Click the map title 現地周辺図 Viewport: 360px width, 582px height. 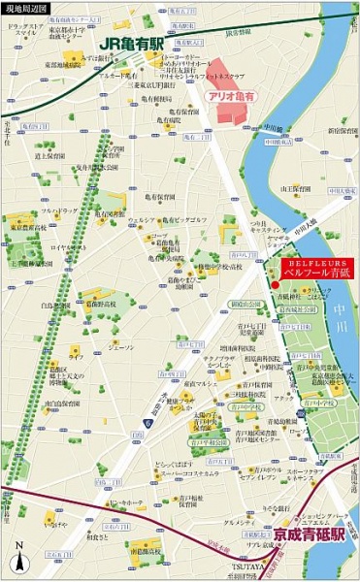coord(24,10)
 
